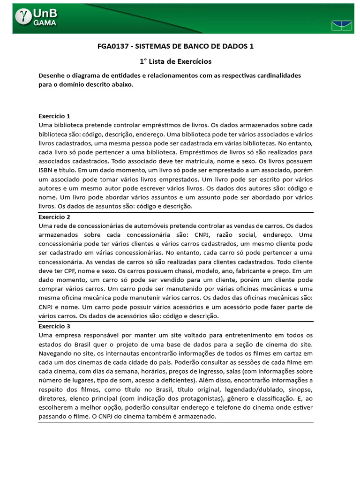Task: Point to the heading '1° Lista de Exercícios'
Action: pos(176,61)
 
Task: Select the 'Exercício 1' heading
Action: pos(54,116)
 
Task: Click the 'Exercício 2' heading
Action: pos(54,217)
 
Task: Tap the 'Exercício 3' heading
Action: pos(54,326)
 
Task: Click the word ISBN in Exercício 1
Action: pos(45,170)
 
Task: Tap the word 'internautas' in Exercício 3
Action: pos(112,353)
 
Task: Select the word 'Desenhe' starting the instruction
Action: pos(52,75)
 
